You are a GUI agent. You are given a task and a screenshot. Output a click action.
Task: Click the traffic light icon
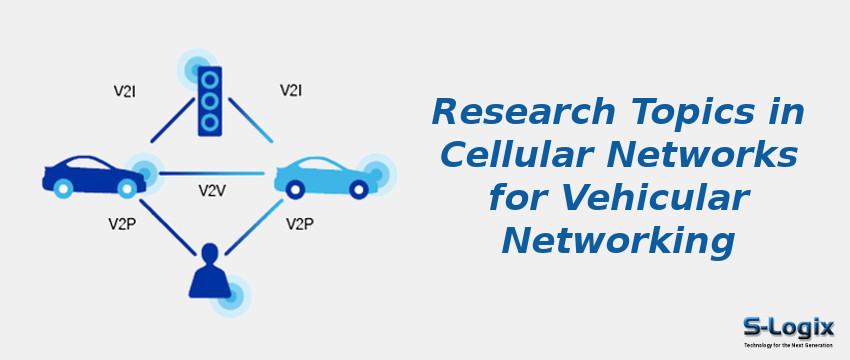pos(210,100)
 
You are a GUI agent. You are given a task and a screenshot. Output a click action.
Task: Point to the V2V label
pos(212,189)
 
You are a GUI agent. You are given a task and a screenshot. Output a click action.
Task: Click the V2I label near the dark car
pos(125,91)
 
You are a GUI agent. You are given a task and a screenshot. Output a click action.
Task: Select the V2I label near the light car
pos(291,91)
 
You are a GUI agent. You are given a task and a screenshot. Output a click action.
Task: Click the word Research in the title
pos(506,111)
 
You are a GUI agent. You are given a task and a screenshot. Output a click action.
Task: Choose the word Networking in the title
pos(618,241)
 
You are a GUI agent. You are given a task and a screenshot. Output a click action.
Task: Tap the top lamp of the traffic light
pos(210,79)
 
